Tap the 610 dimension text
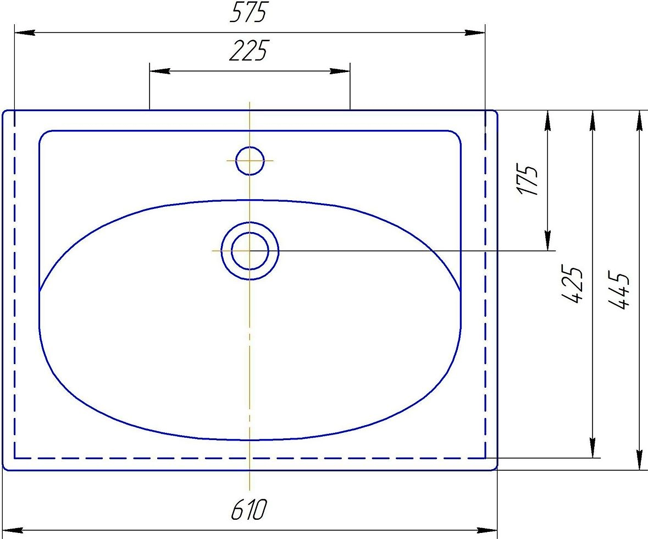click(249, 509)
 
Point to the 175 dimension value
click(528, 180)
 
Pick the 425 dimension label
click(572, 285)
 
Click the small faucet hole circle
click(250, 161)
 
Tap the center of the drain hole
click(250, 251)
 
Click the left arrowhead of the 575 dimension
click(25, 32)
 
